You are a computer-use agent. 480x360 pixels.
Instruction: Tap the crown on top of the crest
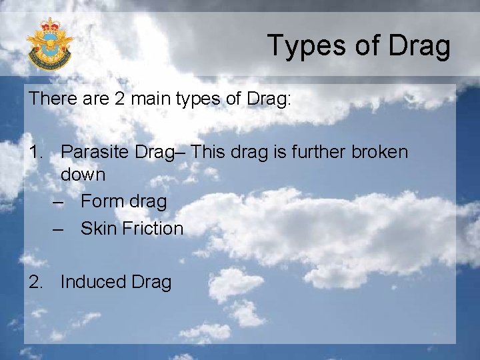tap(50, 26)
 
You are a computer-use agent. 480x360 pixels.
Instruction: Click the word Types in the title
tap(304, 45)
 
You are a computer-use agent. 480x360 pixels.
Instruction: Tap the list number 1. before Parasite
tap(37, 152)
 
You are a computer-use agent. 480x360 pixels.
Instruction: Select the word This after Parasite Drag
tap(211, 152)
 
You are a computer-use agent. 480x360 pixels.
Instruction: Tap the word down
tap(83, 175)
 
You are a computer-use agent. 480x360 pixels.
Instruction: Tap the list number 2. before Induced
tap(37, 282)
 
